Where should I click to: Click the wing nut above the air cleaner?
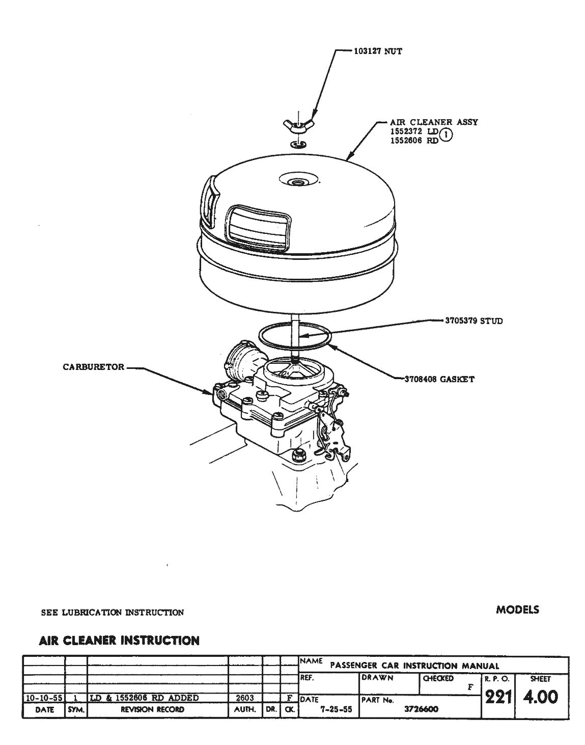click(299, 124)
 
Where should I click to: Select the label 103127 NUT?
click(378, 51)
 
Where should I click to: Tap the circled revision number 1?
click(445, 135)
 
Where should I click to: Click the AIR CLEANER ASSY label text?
click(434, 122)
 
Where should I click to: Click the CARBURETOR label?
click(93, 367)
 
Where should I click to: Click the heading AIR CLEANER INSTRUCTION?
click(119, 641)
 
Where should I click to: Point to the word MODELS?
click(517, 609)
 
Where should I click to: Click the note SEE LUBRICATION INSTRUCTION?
click(112, 613)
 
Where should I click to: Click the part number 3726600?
click(421, 709)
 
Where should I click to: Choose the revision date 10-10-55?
click(44, 698)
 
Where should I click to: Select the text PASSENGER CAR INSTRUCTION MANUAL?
click(414, 666)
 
